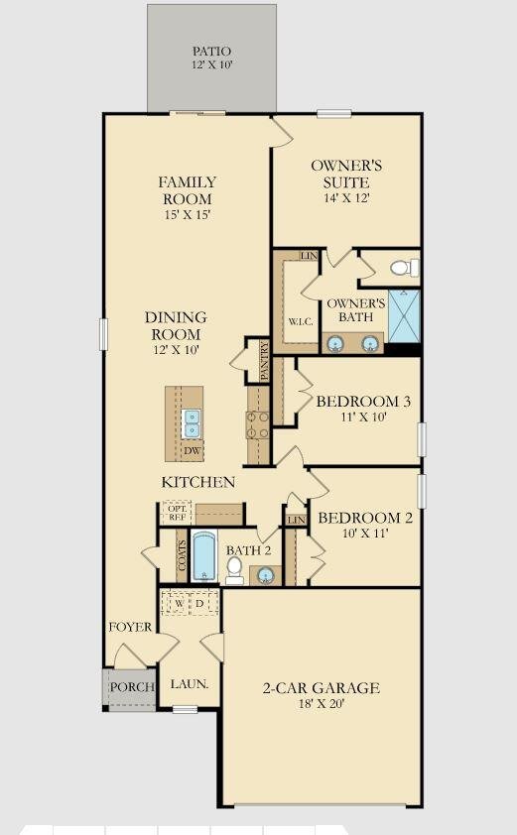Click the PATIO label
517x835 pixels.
click(x=210, y=51)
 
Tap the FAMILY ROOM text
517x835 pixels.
click(x=187, y=190)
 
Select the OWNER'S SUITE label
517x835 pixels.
click(x=345, y=174)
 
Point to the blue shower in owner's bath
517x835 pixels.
click(x=403, y=315)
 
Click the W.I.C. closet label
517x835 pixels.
click(x=301, y=321)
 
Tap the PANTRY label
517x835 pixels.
click(x=264, y=362)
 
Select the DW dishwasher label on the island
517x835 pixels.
click(x=191, y=450)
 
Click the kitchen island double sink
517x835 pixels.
click(x=191, y=423)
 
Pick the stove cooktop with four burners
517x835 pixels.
click(x=258, y=424)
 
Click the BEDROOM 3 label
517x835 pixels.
click(x=363, y=402)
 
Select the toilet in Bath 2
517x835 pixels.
click(x=235, y=567)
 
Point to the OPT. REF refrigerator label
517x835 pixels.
click(x=177, y=513)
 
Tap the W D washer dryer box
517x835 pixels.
click(x=190, y=603)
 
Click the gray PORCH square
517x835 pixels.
click(x=129, y=688)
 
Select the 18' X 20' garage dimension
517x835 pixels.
click(x=320, y=705)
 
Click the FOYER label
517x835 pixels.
click(x=131, y=627)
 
